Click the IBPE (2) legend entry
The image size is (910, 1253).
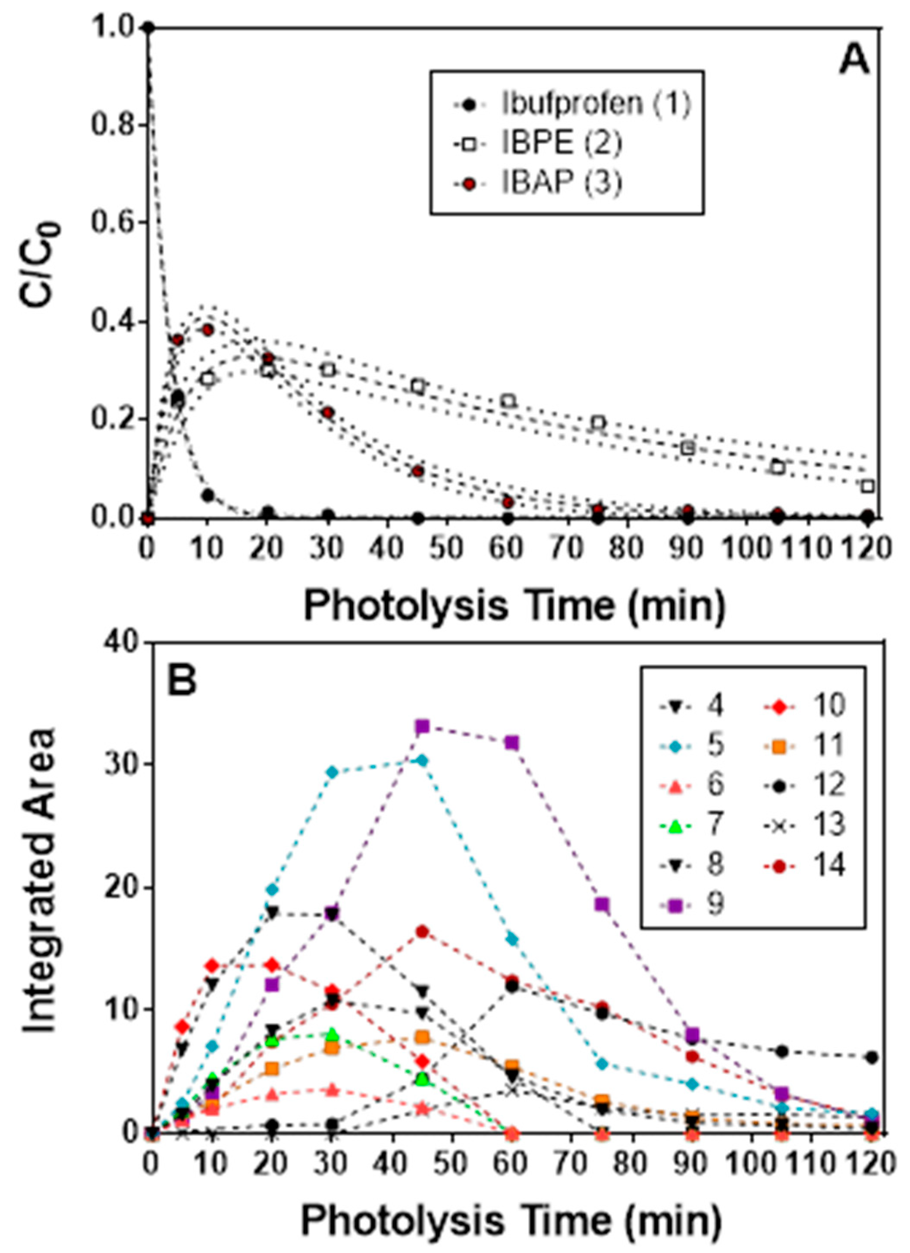[561, 143]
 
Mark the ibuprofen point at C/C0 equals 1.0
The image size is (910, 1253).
[147, 27]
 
